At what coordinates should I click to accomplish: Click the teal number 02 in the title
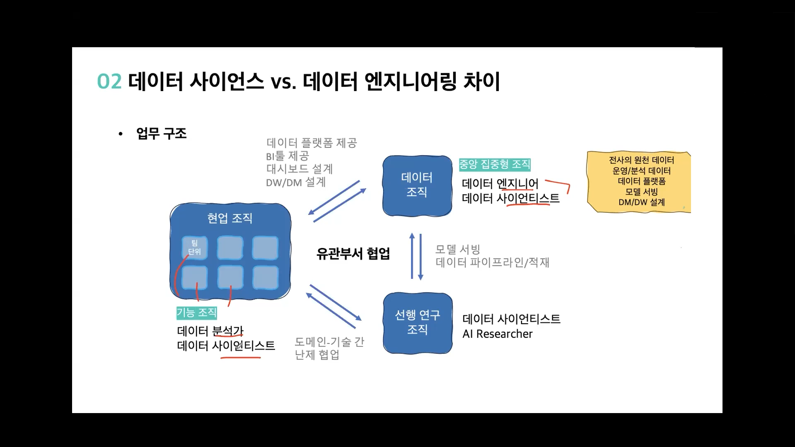click(x=109, y=82)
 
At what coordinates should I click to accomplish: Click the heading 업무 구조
click(x=161, y=134)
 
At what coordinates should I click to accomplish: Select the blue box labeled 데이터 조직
click(x=417, y=185)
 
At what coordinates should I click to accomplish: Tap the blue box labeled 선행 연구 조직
click(x=417, y=322)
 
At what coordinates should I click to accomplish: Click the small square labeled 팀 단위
click(x=194, y=247)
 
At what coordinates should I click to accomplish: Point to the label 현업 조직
click(x=230, y=218)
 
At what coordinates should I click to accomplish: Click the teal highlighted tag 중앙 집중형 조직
click(x=495, y=165)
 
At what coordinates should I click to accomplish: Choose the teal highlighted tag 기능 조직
click(x=196, y=312)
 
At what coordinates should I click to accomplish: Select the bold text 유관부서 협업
click(x=353, y=254)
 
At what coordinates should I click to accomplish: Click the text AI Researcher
click(x=497, y=334)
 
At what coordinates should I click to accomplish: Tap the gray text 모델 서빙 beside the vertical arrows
click(x=457, y=249)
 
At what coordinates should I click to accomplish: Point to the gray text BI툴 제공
click(x=288, y=156)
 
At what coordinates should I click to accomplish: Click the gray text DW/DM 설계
click(x=296, y=182)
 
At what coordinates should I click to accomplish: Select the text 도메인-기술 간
click(x=329, y=342)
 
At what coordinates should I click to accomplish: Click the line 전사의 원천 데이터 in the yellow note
click(x=641, y=160)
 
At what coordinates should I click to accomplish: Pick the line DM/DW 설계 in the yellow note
click(x=641, y=202)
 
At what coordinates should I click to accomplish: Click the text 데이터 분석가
click(x=210, y=331)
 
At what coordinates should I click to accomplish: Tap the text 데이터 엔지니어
click(x=500, y=183)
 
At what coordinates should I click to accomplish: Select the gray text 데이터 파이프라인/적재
click(x=492, y=262)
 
